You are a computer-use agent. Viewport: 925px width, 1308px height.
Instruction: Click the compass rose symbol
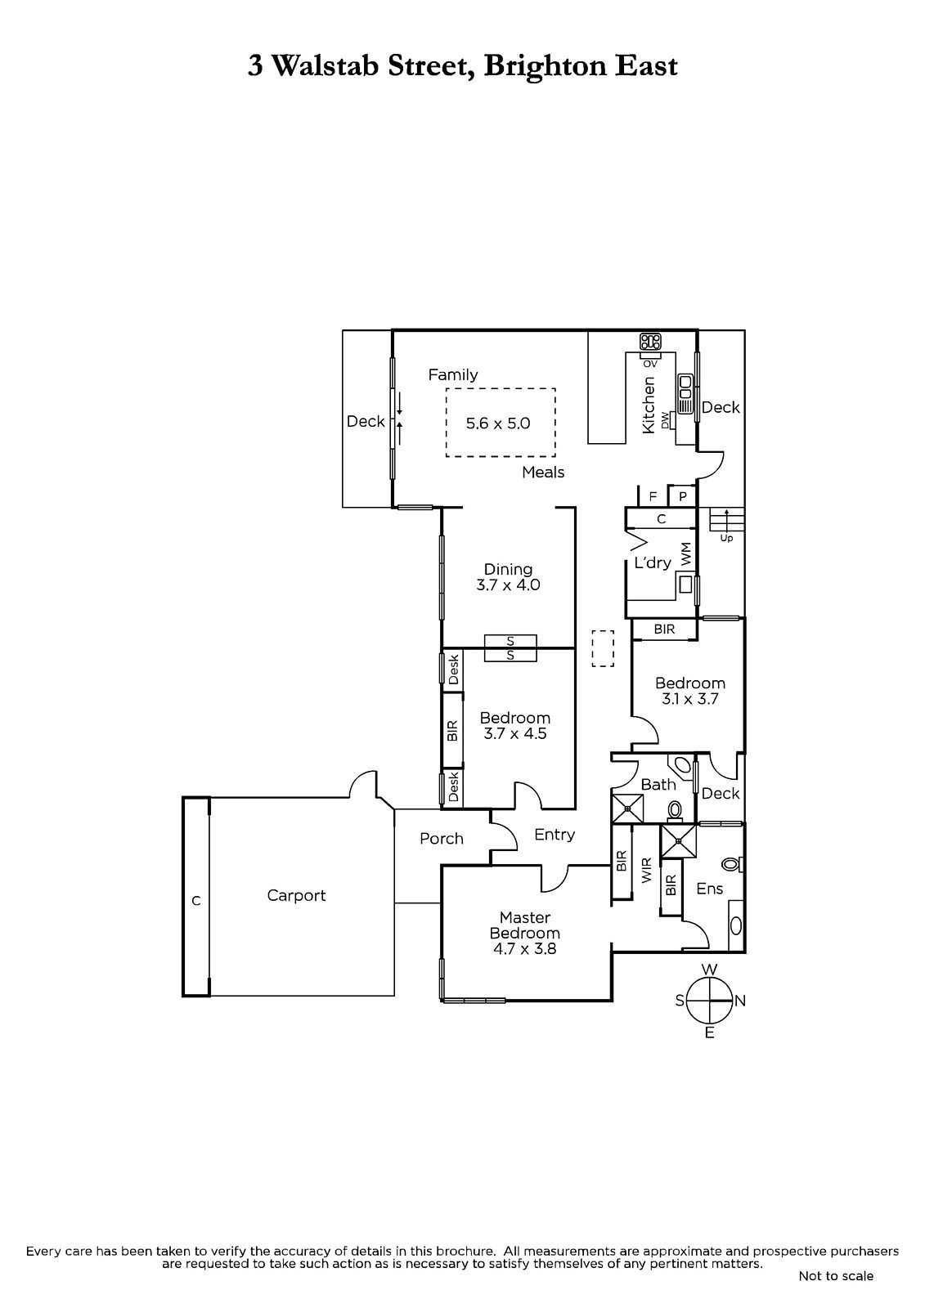point(709,1001)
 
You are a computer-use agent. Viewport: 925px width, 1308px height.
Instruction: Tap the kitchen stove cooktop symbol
point(650,342)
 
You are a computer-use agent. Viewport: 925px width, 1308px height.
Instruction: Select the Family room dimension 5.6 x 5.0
point(498,423)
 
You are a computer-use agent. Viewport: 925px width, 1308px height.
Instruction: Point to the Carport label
point(296,895)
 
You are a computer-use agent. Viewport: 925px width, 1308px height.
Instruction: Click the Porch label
point(442,839)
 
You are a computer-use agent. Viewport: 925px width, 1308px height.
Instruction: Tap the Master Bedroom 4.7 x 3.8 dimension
point(524,949)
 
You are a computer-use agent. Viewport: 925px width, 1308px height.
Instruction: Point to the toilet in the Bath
point(676,809)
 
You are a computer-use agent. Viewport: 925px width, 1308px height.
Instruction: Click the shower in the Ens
point(677,841)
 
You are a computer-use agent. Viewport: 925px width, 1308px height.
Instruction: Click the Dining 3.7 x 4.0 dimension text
point(508,585)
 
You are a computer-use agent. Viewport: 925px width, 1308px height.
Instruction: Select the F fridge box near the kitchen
point(653,496)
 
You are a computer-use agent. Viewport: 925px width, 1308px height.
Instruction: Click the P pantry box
point(682,496)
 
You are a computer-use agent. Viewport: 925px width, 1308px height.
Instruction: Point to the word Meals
point(543,473)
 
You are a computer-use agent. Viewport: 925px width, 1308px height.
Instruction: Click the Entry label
point(555,835)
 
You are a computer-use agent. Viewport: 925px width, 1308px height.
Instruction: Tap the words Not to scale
point(836,1275)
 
